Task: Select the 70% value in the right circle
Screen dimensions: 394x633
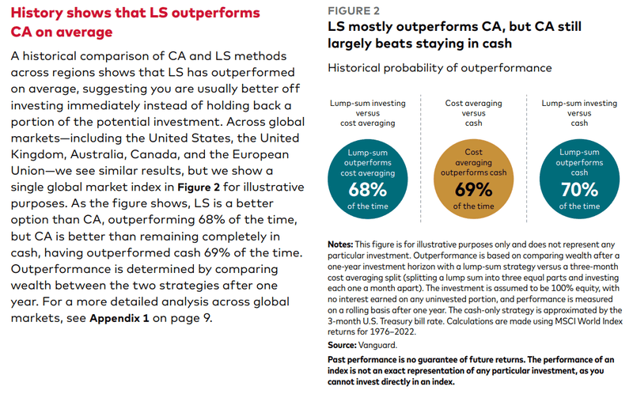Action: point(579,189)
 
